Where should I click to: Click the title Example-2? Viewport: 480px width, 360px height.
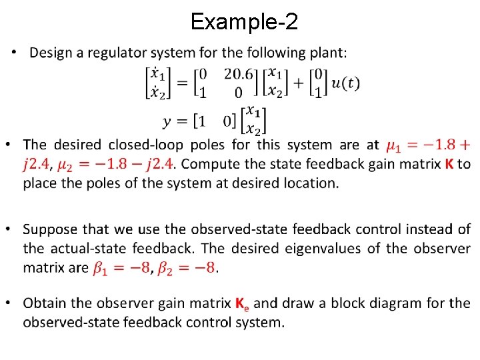click(x=244, y=22)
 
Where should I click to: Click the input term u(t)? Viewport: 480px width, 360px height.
click(x=345, y=83)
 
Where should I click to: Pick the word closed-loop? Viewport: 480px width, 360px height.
click(x=148, y=145)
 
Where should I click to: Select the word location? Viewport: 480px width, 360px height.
click(x=307, y=182)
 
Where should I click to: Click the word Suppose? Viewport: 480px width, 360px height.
click(x=48, y=230)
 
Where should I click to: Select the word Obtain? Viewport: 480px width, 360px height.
click(x=43, y=303)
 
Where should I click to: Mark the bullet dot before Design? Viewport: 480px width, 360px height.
click(x=15, y=53)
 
